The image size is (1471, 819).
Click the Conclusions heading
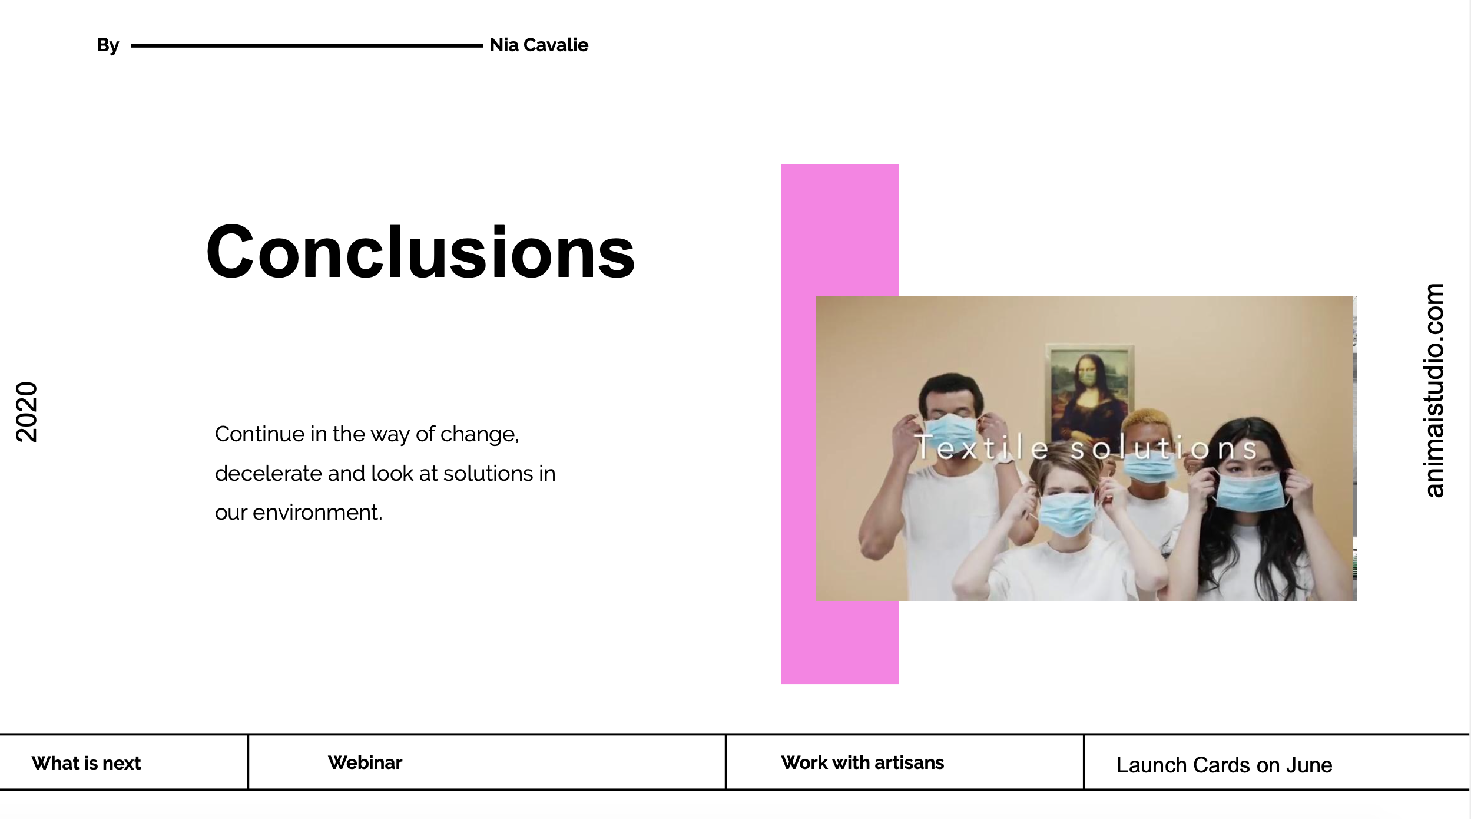point(420,252)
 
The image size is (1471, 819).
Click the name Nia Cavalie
point(539,45)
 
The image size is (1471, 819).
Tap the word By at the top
point(108,45)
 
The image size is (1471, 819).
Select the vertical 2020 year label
point(26,412)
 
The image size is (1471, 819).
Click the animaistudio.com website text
point(1434,391)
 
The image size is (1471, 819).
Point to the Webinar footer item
point(365,762)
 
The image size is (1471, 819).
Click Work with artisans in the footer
point(862,762)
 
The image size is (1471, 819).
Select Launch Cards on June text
point(1224,765)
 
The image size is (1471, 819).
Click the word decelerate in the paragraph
point(269,473)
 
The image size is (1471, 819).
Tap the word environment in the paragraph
point(317,512)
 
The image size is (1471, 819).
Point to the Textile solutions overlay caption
point(1086,448)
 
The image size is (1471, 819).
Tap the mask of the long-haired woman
point(1249,491)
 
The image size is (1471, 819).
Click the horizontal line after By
point(307,45)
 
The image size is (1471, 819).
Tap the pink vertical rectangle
point(840,424)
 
